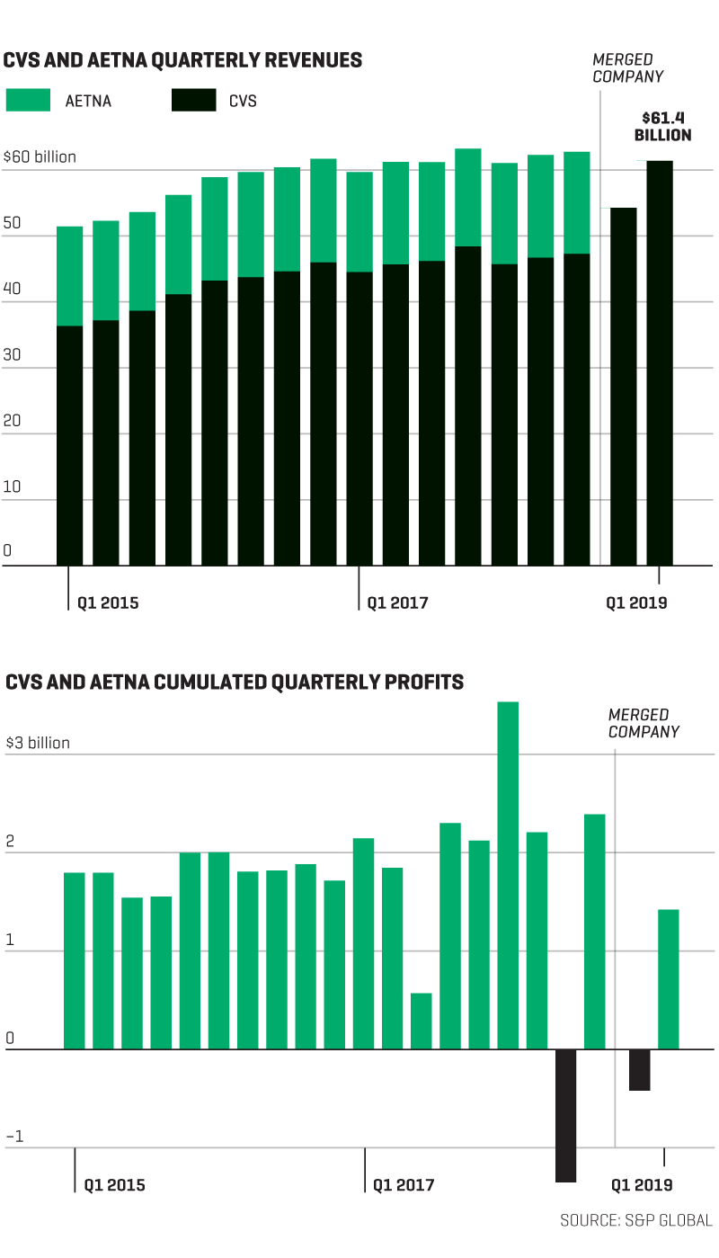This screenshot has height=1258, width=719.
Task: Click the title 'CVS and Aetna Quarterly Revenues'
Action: point(183,60)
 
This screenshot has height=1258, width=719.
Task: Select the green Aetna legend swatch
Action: point(28,100)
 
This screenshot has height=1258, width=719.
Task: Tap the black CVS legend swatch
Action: point(193,100)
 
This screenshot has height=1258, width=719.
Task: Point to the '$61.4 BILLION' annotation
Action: point(662,127)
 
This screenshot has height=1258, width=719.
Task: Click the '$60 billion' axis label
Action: point(40,157)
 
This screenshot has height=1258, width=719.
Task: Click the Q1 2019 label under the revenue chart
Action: point(636,602)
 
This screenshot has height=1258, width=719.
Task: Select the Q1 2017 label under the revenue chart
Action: point(397,602)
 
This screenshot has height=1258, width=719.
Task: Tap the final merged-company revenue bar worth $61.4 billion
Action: point(660,360)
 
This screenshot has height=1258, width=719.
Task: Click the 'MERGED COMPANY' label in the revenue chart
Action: point(628,68)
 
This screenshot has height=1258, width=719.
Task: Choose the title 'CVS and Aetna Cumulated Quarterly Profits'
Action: point(235,682)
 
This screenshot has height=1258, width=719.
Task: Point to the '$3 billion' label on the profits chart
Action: point(38,744)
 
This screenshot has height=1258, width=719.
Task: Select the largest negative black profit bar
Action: point(565,1115)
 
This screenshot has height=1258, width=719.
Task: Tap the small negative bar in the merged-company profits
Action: point(639,1070)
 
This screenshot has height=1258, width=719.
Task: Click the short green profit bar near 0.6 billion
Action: point(422,1021)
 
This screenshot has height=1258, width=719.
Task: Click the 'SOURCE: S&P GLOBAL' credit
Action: point(635,1220)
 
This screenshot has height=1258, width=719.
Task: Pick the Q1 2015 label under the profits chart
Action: point(114,1185)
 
